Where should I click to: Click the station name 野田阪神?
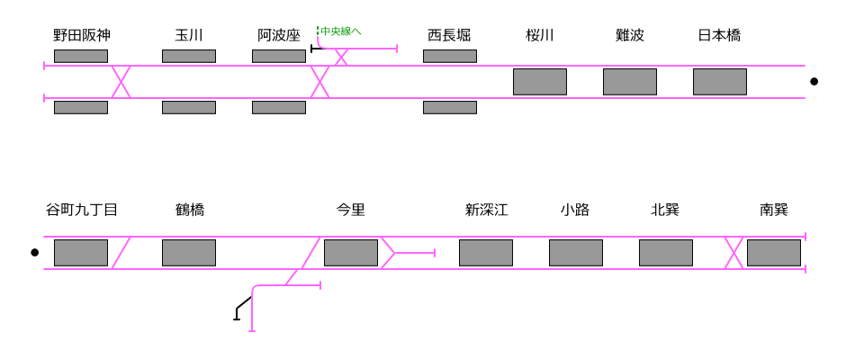[x=82, y=35]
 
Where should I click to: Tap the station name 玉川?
[x=189, y=35]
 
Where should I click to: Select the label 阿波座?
[x=279, y=35]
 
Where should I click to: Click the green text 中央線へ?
[x=341, y=31]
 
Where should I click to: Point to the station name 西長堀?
[x=449, y=35]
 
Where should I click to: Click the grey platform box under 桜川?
[x=540, y=82]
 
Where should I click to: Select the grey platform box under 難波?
[x=630, y=82]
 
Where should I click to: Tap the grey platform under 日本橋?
[x=720, y=82]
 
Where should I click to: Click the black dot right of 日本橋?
[x=814, y=82]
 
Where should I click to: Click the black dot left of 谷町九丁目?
[x=35, y=253]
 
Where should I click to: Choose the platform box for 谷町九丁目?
[x=81, y=253]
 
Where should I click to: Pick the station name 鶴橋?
[x=190, y=210]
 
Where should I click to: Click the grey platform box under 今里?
[x=351, y=253]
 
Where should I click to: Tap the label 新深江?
[x=487, y=210]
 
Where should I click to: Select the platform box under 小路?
[x=576, y=253]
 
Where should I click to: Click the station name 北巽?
[x=665, y=210]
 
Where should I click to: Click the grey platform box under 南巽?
[x=774, y=253]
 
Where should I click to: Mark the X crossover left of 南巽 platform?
[x=734, y=253]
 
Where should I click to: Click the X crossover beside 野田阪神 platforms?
[x=121, y=82]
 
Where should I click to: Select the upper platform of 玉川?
[x=189, y=56]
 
